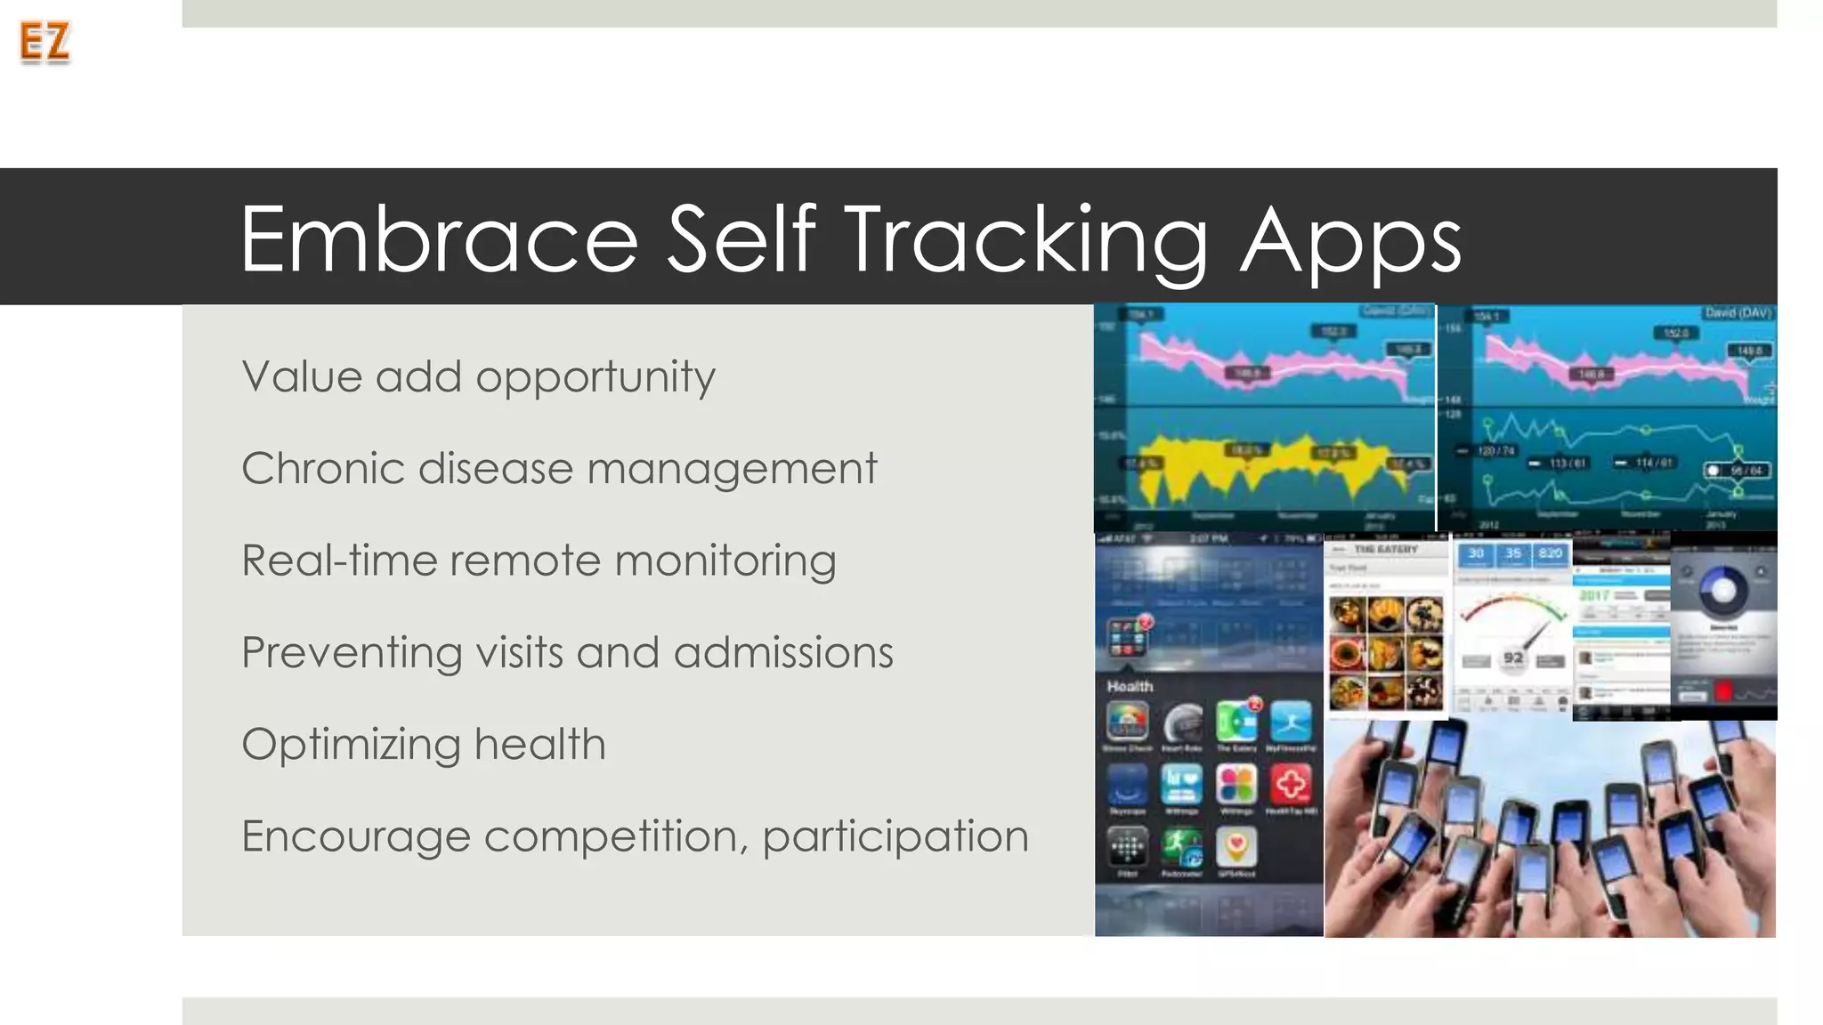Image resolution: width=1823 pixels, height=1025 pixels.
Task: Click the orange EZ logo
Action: click(x=45, y=42)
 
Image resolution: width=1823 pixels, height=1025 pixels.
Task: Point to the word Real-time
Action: click(x=337, y=561)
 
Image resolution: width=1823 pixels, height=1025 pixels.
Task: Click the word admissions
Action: click(x=782, y=652)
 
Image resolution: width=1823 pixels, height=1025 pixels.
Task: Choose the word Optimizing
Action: click(x=351, y=745)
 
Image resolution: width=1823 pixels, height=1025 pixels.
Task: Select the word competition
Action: click(x=615, y=836)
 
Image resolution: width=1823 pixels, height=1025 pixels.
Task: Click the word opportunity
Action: click(x=595, y=378)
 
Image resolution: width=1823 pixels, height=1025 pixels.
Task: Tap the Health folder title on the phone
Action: click(x=1130, y=686)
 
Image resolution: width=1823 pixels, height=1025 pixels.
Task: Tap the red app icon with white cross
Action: click(x=1291, y=784)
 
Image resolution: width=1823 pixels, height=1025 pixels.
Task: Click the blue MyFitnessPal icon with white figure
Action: click(x=1291, y=722)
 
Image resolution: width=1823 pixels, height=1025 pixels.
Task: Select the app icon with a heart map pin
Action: click(x=1236, y=846)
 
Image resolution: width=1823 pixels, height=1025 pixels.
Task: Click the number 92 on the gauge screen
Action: click(x=1512, y=658)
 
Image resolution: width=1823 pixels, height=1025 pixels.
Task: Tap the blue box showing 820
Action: click(x=1550, y=553)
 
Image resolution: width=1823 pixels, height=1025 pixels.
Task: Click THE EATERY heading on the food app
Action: click(x=1385, y=549)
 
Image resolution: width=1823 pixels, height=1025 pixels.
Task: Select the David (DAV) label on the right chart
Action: click(x=1737, y=312)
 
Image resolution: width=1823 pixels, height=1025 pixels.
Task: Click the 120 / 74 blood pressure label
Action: click(x=1495, y=451)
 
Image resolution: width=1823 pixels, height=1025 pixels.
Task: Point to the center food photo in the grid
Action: click(x=1386, y=653)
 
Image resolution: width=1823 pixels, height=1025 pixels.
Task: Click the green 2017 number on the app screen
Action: click(x=1594, y=593)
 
